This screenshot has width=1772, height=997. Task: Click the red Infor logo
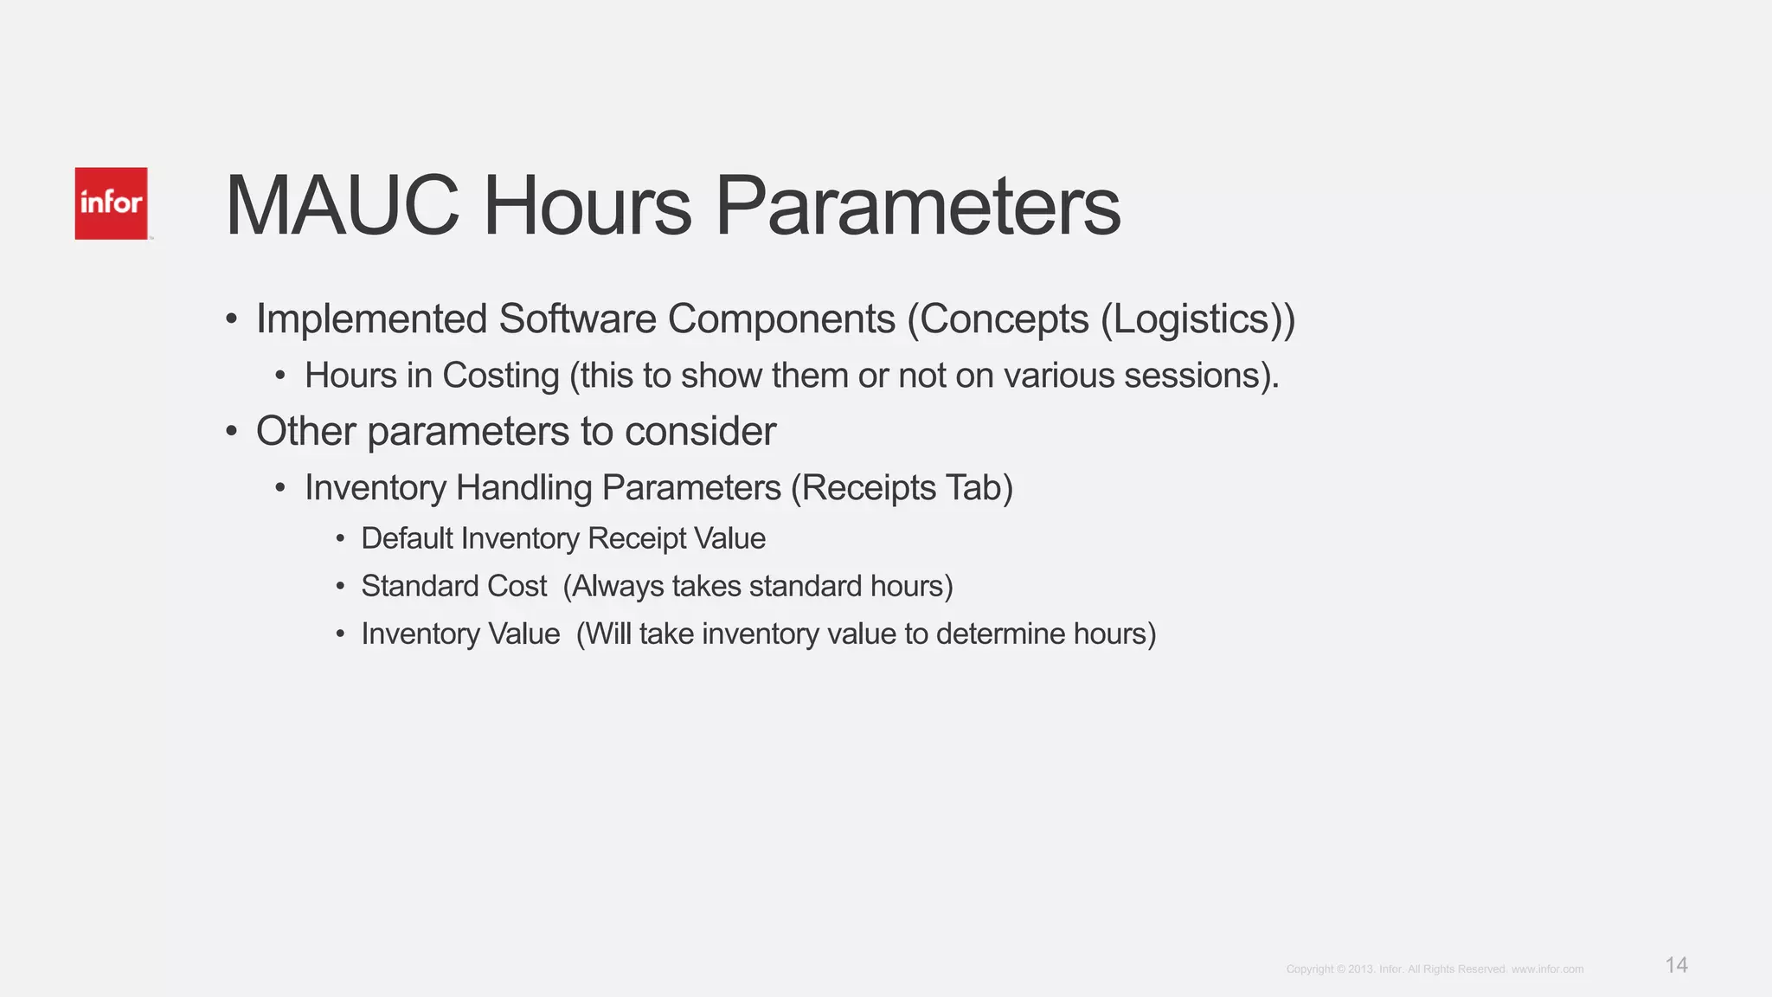[x=111, y=203]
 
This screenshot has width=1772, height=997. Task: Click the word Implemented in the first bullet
[x=371, y=319]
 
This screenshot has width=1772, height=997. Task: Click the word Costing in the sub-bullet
[x=500, y=376]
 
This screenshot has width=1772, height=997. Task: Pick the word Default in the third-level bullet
[x=407, y=538]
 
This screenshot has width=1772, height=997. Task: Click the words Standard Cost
[x=453, y=586]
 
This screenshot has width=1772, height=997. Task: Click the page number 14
[x=1676, y=965]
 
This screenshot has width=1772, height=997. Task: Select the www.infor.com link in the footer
[x=1547, y=969]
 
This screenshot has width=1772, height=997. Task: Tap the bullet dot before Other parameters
[x=231, y=431]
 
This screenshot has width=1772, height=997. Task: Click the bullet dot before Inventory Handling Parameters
[x=279, y=488]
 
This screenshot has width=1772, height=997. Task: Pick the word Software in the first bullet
[x=576, y=319]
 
